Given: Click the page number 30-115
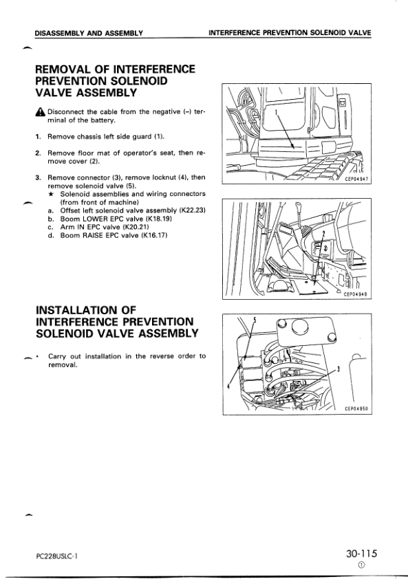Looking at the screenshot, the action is click(x=361, y=554).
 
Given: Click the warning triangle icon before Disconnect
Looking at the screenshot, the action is click(x=41, y=111).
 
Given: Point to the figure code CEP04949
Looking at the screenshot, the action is click(x=356, y=295).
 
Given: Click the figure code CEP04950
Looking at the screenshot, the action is click(x=357, y=408).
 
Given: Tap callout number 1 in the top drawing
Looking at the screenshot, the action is click(x=276, y=111).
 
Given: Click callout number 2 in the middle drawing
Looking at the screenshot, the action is click(x=324, y=234).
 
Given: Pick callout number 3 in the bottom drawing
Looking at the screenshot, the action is click(x=339, y=369).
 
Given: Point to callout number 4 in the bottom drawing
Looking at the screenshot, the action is click(x=228, y=386).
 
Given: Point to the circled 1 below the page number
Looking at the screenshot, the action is click(x=361, y=565).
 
